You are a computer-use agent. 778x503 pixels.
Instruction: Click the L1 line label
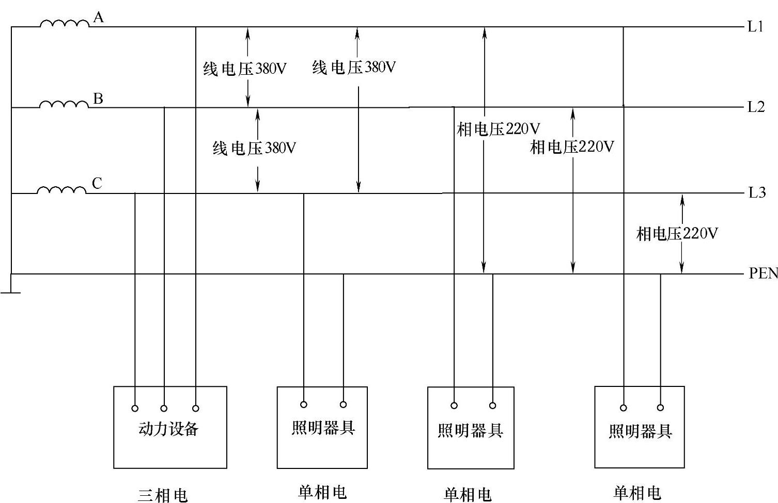coord(756,26)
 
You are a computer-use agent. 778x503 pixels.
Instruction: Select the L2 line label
coord(756,107)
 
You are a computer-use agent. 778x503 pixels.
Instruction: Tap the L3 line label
coord(757,193)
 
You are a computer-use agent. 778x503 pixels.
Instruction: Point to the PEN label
coord(763,273)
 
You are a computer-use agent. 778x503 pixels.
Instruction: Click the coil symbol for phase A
coord(65,23)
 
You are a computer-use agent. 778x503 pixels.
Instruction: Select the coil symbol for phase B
coord(64,104)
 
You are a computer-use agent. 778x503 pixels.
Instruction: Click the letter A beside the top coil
coord(98,18)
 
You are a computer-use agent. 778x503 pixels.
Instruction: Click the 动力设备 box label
coord(168,429)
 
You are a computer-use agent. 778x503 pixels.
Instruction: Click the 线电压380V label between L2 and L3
coord(254,149)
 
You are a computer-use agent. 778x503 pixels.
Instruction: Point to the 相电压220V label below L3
coord(677,234)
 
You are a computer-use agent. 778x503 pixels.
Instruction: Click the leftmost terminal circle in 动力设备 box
coord(135,408)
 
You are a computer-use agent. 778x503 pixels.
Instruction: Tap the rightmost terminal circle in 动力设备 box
coord(196,408)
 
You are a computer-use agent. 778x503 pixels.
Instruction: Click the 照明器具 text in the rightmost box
coord(640,431)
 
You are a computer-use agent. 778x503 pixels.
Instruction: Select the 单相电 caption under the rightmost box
coord(636,493)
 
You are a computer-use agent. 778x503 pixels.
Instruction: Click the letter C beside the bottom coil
coord(97,183)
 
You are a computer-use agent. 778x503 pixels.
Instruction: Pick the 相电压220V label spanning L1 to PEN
coord(498,129)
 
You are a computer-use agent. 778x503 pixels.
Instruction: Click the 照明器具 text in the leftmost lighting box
coord(323,428)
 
